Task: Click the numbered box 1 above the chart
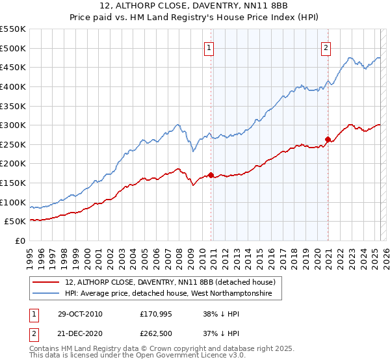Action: click(209, 47)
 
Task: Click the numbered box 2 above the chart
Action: click(325, 47)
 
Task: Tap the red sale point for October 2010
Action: click(211, 175)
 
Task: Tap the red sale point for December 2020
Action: click(328, 139)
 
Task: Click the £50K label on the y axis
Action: click(16, 222)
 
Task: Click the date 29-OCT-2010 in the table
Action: click(79, 313)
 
